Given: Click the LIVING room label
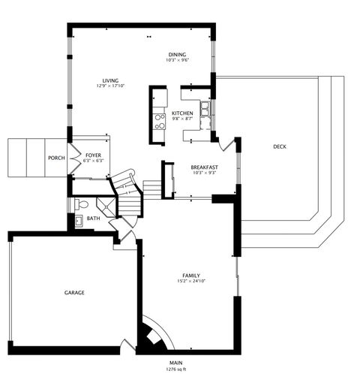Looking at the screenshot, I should tap(110, 80).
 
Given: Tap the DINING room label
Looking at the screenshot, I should tap(177, 54).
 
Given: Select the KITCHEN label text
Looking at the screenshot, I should tap(182, 113).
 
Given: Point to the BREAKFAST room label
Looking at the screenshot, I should tap(204, 167).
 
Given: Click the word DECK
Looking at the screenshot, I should tap(279, 146).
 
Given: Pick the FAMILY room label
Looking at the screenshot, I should tap(190, 275).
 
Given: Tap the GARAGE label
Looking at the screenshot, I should tap(73, 292).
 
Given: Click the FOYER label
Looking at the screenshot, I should tap(93, 154).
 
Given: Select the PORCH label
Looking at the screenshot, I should tap(55, 158).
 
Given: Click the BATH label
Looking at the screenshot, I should tap(93, 219).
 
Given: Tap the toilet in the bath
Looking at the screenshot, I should tap(83, 204).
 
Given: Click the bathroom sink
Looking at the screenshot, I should tap(77, 221).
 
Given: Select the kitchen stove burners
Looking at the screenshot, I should tap(159, 121).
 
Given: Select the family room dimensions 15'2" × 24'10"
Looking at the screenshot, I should tap(190, 281).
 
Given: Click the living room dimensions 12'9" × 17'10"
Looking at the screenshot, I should tap(110, 86).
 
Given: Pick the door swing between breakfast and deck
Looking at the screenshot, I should tap(228, 140).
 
